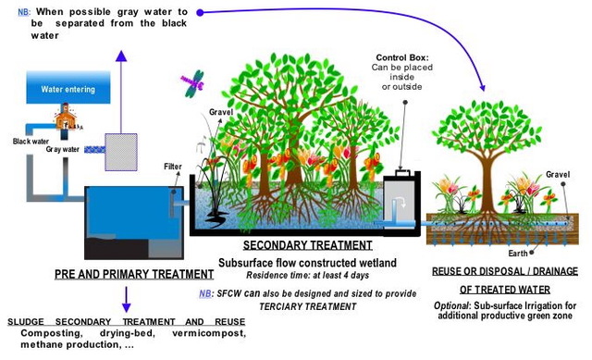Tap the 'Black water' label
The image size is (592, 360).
pos(30,142)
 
